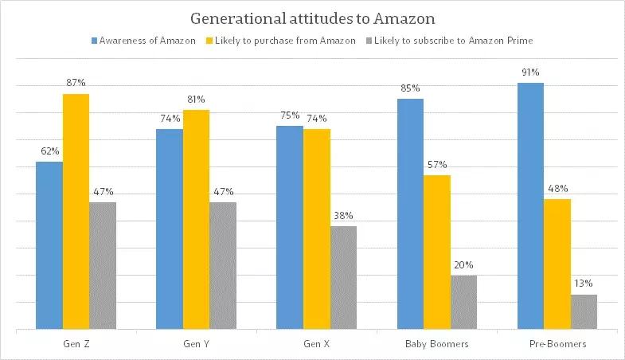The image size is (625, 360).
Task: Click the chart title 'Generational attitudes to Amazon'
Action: (312, 17)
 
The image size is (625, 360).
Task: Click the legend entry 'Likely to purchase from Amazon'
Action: (283, 39)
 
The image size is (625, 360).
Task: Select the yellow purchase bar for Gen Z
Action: (76, 211)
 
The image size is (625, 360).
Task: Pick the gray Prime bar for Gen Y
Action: (223, 265)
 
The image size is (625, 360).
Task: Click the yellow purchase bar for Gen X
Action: (317, 229)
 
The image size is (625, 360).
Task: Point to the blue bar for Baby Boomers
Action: (410, 213)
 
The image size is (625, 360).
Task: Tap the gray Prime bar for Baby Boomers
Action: (463, 302)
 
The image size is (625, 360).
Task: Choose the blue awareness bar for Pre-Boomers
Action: (530, 205)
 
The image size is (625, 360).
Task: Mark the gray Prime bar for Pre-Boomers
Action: (584, 311)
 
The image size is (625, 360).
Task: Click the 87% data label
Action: (76, 83)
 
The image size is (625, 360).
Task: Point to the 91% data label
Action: (530, 72)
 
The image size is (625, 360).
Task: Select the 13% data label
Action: (584, 284)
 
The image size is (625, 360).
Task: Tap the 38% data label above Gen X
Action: (344, 215)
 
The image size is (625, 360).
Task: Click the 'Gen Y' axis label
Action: (196, 343)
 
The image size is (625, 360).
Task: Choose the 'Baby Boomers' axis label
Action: (436, 343)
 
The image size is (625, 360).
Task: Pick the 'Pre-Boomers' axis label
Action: (557, 343)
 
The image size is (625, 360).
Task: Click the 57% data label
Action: (436, 164)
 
